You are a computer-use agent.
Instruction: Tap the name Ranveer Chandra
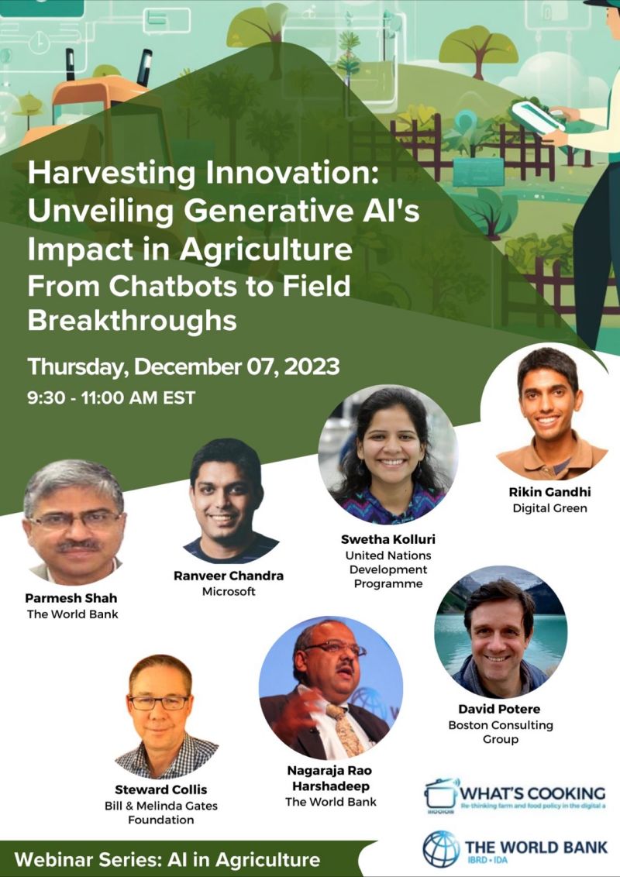click(x=229, y=576)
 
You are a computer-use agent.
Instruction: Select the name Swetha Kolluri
click(x=386, y=538)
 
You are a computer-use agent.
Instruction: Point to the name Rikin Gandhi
click(x=549, y=491)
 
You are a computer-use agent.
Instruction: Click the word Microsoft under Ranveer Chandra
click(x=228, y=592)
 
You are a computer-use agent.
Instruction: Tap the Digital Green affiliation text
click(x=549, y=508)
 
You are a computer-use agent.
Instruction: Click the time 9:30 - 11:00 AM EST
click(x=111, y=399)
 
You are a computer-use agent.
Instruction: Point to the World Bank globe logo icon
click(x=441, y=848)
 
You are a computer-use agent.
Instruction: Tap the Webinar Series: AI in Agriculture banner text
click(x=167, y=859)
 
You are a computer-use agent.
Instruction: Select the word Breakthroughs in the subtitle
click(x=132, y=320)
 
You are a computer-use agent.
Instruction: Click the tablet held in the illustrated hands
click(x=536, y=116)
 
